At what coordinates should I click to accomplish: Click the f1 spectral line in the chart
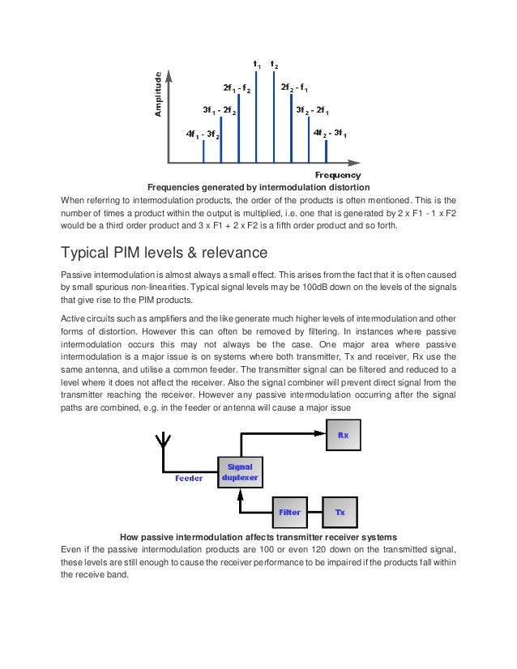click(256, 117)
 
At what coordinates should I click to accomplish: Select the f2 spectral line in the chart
click(274, 117)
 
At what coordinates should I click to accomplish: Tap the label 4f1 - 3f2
click(202, 133)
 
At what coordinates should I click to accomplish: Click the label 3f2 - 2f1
click(311, 109)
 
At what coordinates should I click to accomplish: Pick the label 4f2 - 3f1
click(330, 132)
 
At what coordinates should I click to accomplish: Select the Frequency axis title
click(337, 175)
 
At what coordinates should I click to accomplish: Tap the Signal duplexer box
click(240, 472)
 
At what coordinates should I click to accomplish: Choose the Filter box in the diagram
click(290, 512)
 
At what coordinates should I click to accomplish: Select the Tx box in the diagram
click(340, 512)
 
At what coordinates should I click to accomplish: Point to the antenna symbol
click(162, 442)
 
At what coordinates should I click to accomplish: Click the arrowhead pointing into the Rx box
click(321, 435)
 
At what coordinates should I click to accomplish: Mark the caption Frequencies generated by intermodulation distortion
click(258, 187)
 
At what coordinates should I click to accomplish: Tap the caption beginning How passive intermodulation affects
click(258, 537)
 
